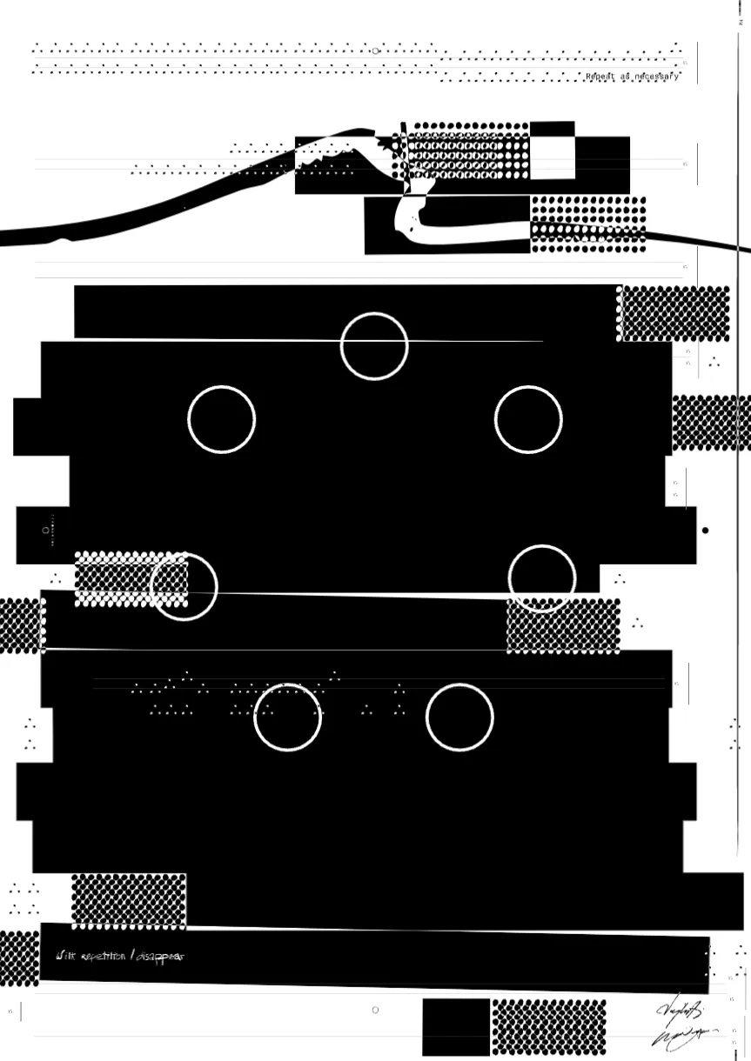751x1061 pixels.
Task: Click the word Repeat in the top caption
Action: (x=600, y=77)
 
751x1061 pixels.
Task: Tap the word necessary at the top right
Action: (x=657, y=77)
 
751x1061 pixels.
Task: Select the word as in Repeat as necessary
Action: (x=625, y=77)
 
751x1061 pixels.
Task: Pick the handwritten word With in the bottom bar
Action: (x=66, y=957)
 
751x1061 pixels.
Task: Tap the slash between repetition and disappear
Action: (x=132, y=957)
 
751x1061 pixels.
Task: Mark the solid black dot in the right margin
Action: (x=706, y=530)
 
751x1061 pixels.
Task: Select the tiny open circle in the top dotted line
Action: (x=375, y=50)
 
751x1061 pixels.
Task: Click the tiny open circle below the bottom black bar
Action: (x=375, y=1010)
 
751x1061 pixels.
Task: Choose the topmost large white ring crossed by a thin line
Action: (x=374, y=346)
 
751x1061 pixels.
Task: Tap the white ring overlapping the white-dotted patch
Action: (x=184, y=587)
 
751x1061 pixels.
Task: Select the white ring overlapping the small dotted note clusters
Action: (x=288, y=717)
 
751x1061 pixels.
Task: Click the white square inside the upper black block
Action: (x=552, y=158)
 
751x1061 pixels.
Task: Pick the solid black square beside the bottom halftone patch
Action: (x=456, y=1027)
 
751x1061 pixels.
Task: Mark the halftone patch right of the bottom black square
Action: (x=548, y=1027)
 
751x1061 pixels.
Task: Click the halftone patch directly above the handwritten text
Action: (x=129, y=901)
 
